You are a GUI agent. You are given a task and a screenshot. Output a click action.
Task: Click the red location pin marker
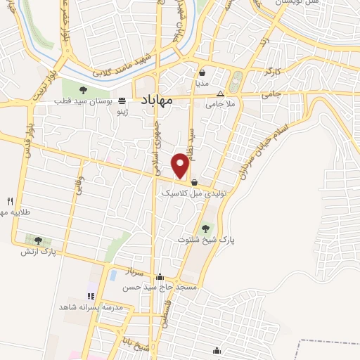click(181, 165)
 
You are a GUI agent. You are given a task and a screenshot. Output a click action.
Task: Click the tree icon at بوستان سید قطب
click(83, 89)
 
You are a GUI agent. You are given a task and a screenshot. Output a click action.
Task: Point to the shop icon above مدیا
click(202, 72)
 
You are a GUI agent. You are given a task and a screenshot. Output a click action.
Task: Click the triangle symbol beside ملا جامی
click(220, 94)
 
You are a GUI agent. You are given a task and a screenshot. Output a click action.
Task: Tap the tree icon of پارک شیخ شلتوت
click(205, 228)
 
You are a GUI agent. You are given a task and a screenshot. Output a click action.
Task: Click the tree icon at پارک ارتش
click(28, 239)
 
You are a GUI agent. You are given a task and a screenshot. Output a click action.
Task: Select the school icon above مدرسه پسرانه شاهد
click(89, 296)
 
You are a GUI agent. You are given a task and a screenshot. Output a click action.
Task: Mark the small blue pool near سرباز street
click(112, 275)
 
